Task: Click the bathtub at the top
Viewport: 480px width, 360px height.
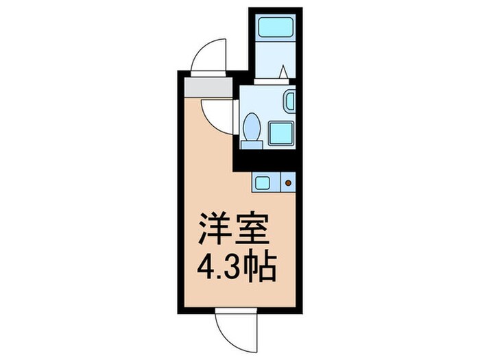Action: [275, 28]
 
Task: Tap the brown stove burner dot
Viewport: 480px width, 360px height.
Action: [288, 183]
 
